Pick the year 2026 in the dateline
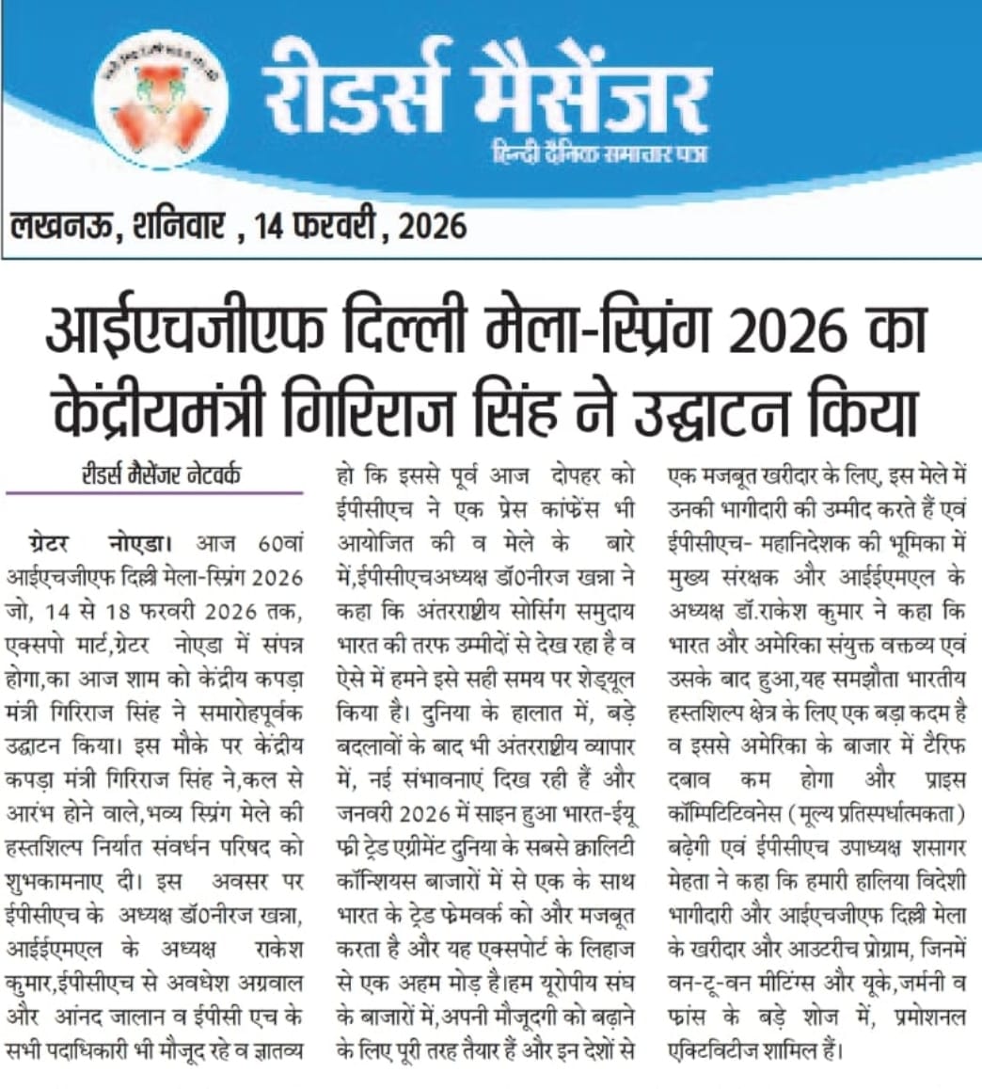pyautogui.click(x=432, y=226)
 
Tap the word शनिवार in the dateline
pyautogui.click(x=177, y=226)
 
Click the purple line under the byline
pyautogui.click(x=154, y=492)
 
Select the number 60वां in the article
pyautogui.click(x=279, y=544)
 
